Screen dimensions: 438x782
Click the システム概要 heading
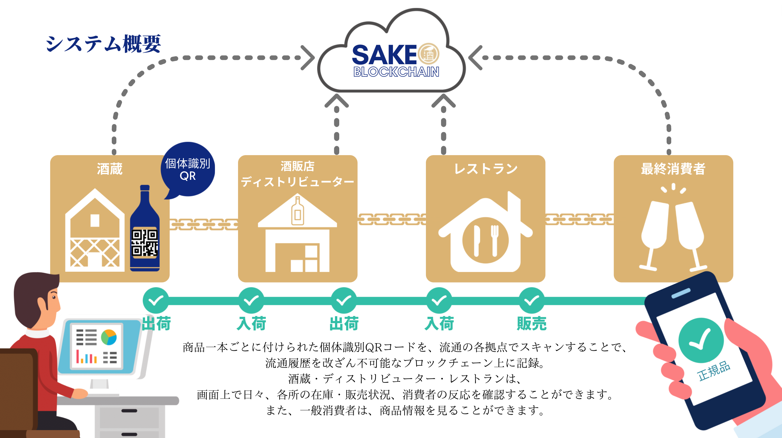pos(103,44)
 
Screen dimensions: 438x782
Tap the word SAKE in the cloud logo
pos(384,55)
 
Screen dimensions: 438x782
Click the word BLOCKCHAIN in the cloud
pos(396,72)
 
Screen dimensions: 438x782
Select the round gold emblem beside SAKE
pos(429,54)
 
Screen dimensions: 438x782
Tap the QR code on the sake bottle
pos(145,243)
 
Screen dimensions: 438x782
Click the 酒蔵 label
pos(109,169)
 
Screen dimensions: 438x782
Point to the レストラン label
pos(485,169)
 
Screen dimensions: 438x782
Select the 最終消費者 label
pos(673,169)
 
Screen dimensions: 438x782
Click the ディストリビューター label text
pos(297,182)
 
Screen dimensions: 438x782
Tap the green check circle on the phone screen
pos(701,340)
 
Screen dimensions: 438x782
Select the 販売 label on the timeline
pos(531,323)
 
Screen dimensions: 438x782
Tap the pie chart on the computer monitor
pos(109,337)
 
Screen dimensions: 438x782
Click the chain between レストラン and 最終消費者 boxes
pos(579,219)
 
